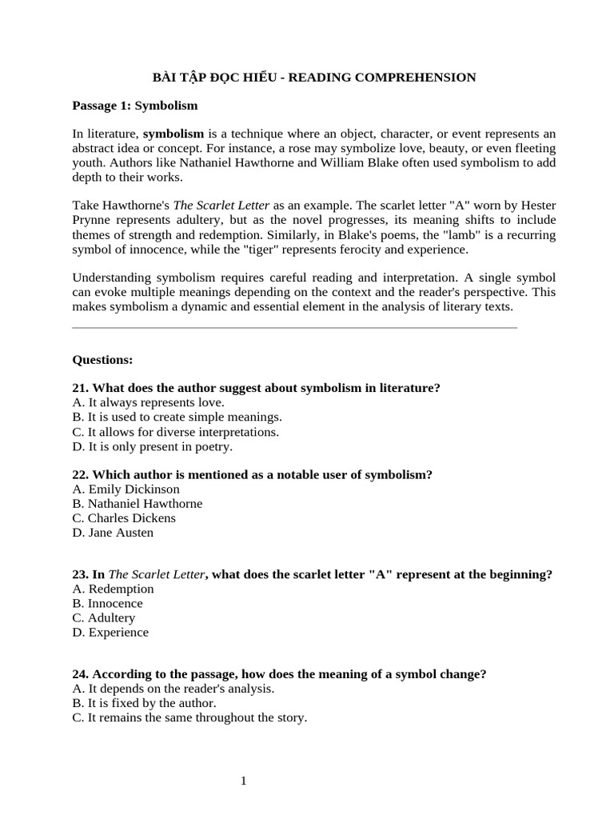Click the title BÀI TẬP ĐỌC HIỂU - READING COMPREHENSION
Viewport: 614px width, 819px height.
314,78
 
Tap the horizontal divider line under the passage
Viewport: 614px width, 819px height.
294,327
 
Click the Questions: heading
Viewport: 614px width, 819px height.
102,359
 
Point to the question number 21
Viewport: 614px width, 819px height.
81,388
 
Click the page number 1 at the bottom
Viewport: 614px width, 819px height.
243,781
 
